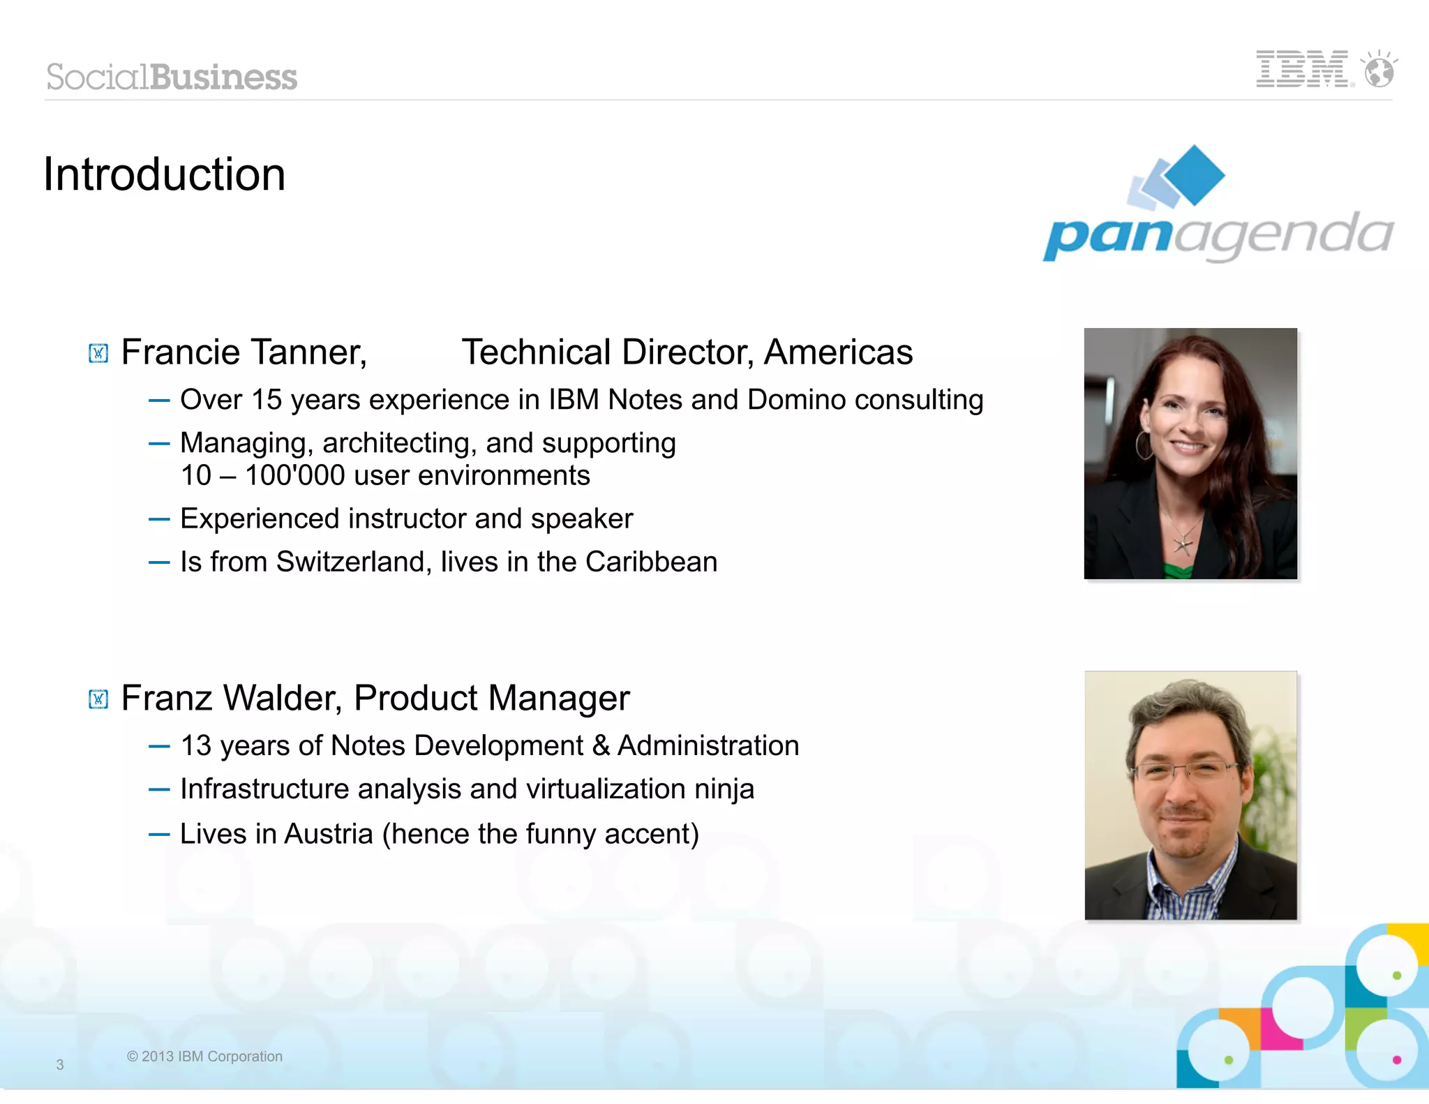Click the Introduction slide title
tap(165, 174)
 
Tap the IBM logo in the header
tap(1303, 69)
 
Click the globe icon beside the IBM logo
tap(1379, 70)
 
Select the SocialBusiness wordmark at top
tap(172, 77)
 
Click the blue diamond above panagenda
tap(1195, 174)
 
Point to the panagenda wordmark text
tap(1218, 236)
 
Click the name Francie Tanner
tap(244, 352)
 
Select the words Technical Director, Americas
tap(687, 352)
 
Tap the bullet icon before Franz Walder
tap(98, 699)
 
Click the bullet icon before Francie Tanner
tap(98, 353)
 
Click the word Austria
tap(329, 834)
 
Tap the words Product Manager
tap(491, 698)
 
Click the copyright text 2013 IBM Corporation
tap(204, 1057)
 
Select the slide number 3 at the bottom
tap(60, 1065)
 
